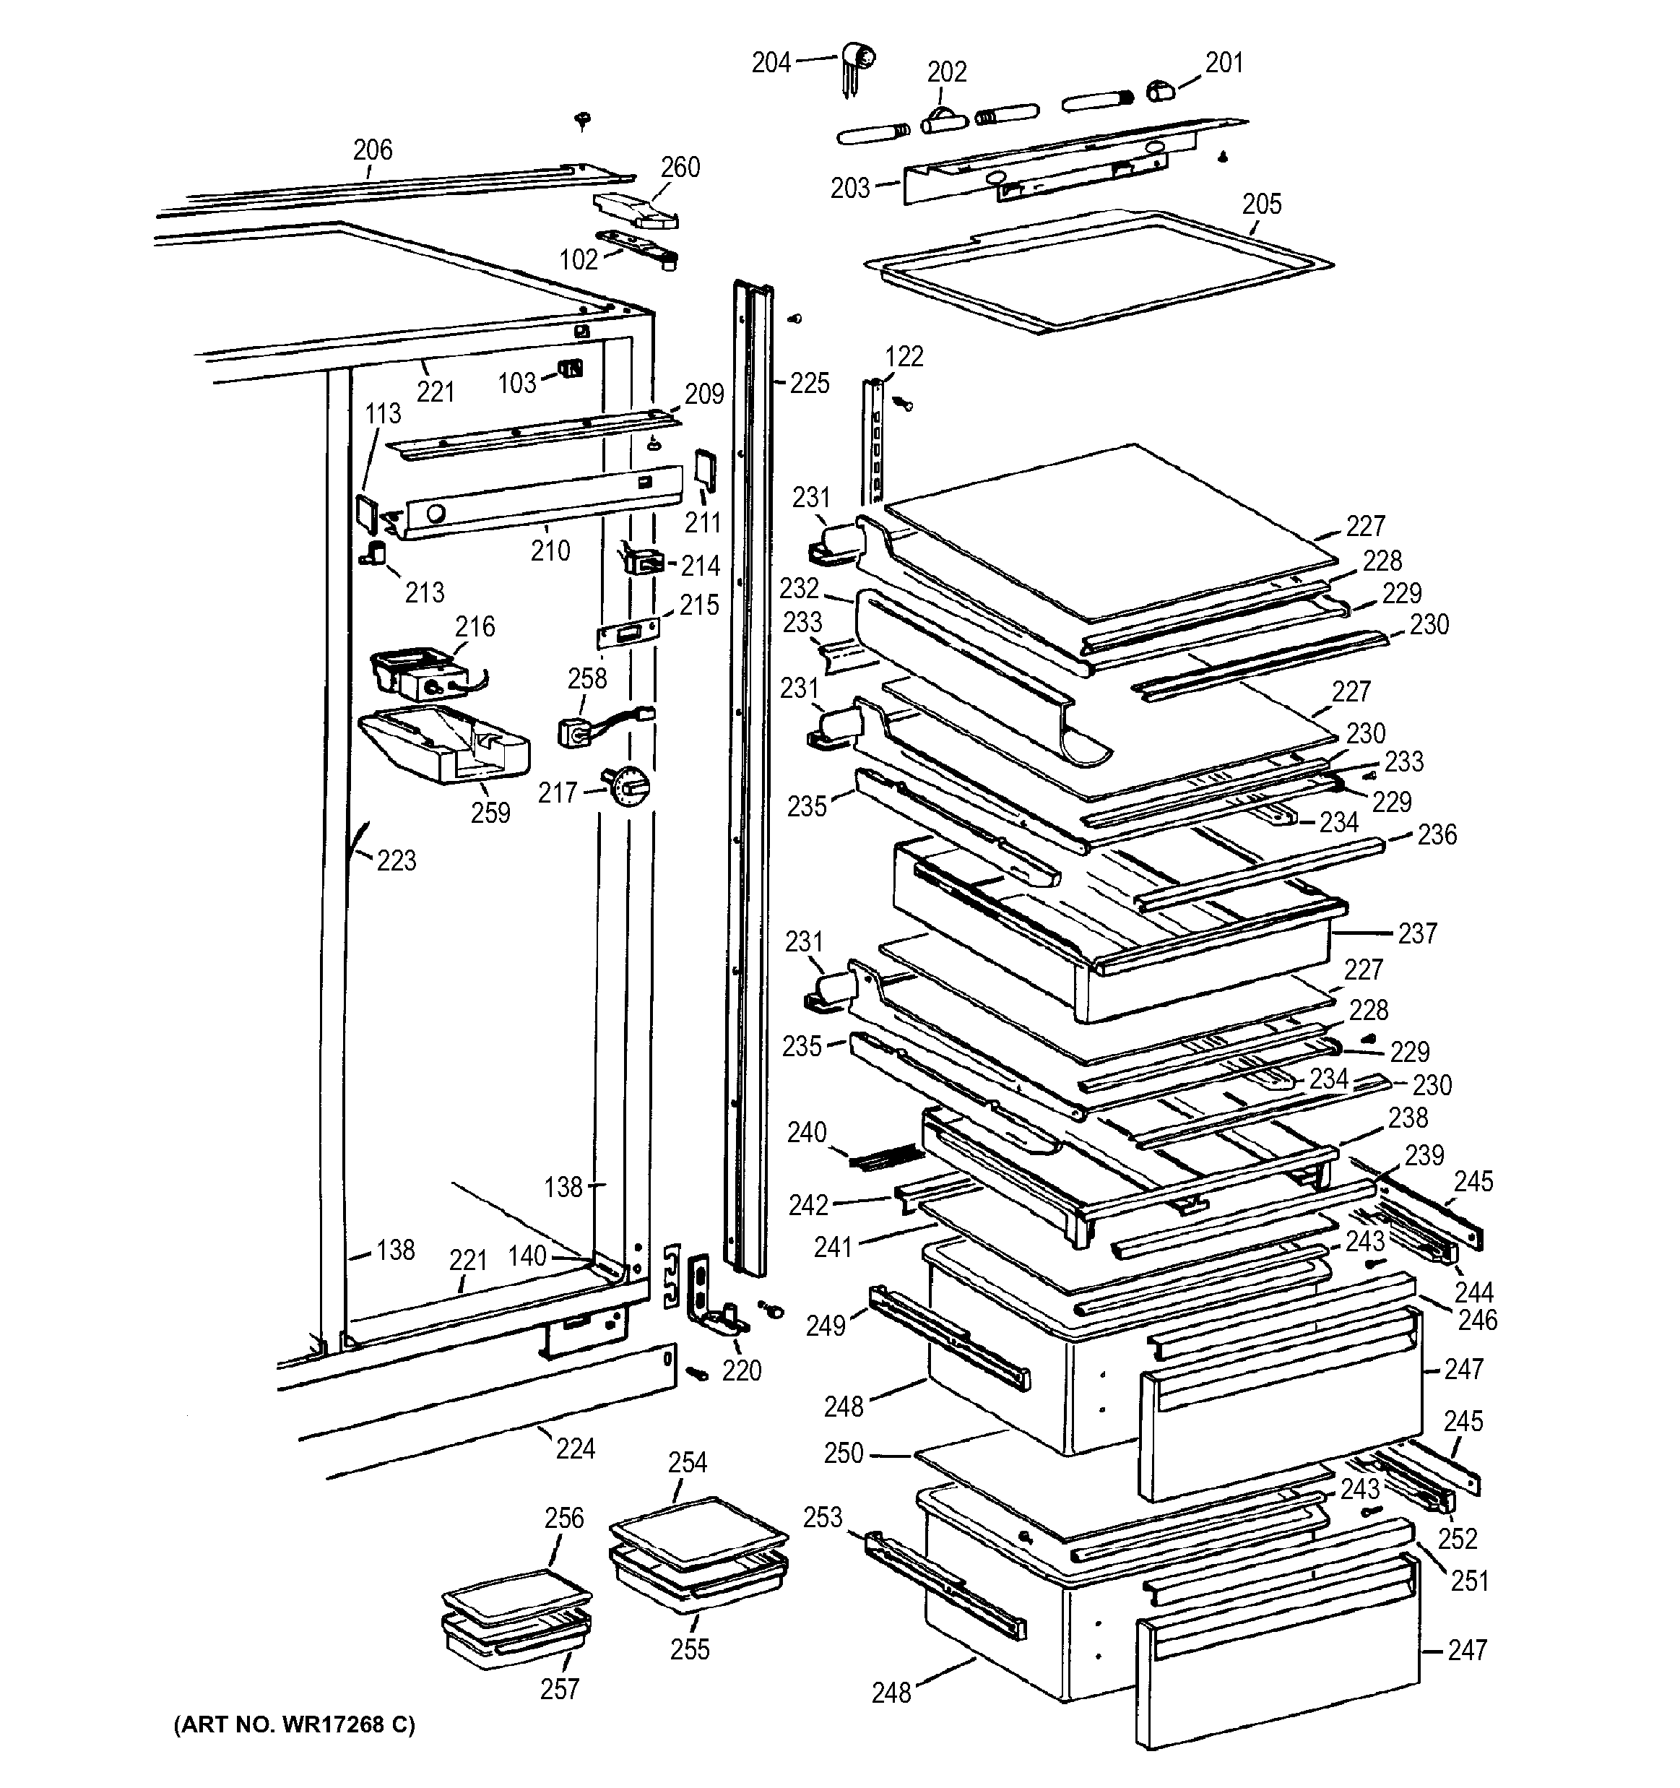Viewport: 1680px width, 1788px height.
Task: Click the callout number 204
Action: click(x=771, y=62)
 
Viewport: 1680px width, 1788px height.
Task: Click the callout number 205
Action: click(x=1261, y=204)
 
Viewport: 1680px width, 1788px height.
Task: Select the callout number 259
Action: click(x=490, y=813)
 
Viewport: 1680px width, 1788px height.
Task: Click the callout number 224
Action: click(x=575, y=1449)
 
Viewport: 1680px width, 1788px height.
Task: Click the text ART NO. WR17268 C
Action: click(x=294, y=1724)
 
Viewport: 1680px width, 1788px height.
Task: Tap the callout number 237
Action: click(x=1417, y=933)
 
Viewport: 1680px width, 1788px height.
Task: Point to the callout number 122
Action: click(x=904, y=357)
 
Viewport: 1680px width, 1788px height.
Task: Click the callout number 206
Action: click(x=373, y=150)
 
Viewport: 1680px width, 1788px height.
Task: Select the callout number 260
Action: click(x=680, y=168)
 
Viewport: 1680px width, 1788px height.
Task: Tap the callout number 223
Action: click(x=396, y=860)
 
